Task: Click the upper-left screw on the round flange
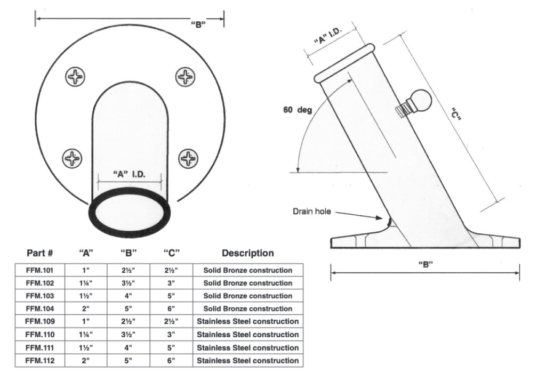(75, 77)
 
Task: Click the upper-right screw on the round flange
(185, 77)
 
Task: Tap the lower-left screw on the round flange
(73, 158)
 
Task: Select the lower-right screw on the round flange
(188, 158)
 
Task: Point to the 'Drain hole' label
(311, 212)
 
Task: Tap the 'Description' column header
(247, 253)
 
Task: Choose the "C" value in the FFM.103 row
(170, 296)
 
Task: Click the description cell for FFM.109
(247, 322)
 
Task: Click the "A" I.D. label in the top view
(130, 174)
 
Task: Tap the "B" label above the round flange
(198, 25)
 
